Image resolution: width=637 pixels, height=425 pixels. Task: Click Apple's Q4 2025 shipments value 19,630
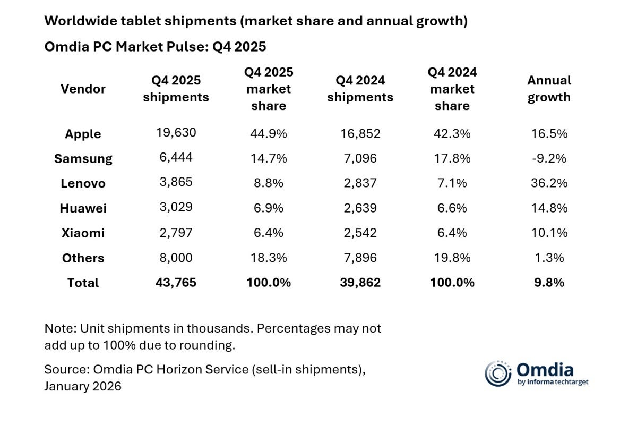[x=176, y=133]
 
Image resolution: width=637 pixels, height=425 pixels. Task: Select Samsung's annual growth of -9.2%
[x=548, y=158]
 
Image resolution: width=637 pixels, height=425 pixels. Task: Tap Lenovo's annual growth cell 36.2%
[x=548, y=183]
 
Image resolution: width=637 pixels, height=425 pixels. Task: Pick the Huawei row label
[x=83, y=208]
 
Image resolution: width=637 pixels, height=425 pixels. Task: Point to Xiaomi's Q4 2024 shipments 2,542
[x=360, y=233]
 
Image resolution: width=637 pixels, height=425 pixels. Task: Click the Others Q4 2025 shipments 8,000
[x=176, y=258]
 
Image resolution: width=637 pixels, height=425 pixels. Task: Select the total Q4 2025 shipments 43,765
[x=176, y=283]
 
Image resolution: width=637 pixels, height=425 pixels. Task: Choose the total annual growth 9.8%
[x=548, y=283]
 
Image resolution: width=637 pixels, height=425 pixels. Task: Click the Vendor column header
[x=83, y=89]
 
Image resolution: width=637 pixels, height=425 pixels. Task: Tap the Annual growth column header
[x=548, y=89]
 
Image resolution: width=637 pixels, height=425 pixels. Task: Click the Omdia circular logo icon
[x=498, y=373]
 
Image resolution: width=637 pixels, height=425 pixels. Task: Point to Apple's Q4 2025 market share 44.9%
[x=268, y=134]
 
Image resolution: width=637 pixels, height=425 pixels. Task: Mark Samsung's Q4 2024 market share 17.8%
[x=452, y=158]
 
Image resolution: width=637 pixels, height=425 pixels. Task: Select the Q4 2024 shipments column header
[x=360, y=89]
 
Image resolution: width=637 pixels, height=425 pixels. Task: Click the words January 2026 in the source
[x=83, y=386]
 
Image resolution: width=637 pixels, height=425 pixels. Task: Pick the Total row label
[x=83, y=283]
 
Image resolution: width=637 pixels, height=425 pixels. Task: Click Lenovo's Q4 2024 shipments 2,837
[x=360, y=183]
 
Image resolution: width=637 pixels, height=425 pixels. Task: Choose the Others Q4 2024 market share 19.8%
[x=452, y=258]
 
